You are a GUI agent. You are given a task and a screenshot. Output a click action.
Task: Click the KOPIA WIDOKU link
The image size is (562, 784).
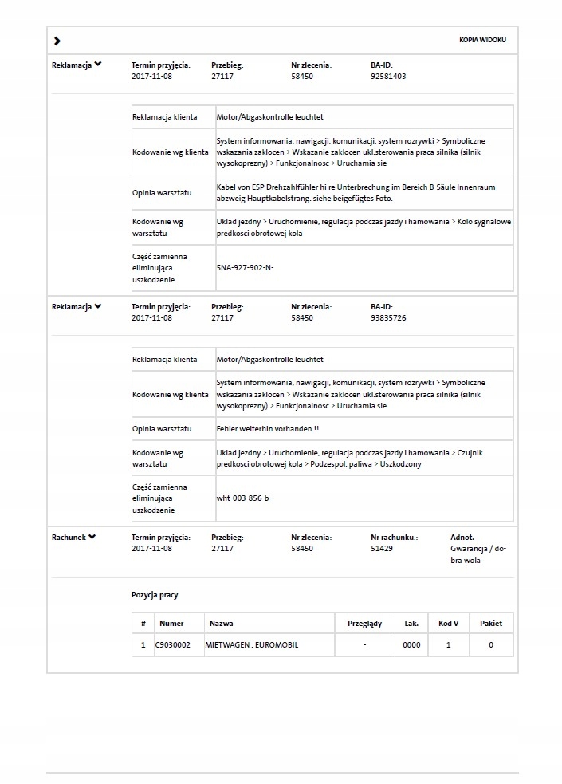482,40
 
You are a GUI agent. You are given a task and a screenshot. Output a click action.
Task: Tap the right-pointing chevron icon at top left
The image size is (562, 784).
57,41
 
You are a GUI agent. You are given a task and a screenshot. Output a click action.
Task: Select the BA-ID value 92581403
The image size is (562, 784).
388,77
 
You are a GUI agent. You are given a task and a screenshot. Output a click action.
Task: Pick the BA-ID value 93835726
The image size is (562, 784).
388,318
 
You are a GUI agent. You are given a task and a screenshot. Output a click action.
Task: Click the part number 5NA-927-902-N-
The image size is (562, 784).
245,268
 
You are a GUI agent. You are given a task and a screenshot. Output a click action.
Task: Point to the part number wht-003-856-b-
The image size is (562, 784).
244,498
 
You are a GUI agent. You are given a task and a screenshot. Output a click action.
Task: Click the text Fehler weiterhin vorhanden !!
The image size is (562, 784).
268,429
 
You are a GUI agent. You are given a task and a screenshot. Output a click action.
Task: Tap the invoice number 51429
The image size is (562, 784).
382,549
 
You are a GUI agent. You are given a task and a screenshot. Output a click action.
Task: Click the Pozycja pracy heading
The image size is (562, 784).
155,595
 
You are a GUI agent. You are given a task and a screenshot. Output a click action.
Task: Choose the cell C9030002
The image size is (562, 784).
173,645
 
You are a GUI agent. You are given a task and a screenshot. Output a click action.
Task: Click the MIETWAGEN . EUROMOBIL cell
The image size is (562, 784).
252,645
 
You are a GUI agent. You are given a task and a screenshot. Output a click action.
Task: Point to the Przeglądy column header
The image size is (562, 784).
364,624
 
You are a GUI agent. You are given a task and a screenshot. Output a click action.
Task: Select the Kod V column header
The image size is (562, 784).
448,624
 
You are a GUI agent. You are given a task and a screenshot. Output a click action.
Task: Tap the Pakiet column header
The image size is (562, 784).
490,624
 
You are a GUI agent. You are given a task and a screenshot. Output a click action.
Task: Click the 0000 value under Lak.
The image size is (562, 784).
411,645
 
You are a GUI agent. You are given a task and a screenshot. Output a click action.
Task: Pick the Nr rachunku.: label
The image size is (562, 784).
394,538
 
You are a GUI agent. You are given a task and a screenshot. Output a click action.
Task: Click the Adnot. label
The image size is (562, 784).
462,538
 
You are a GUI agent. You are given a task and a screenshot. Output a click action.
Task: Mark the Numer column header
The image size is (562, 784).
171,624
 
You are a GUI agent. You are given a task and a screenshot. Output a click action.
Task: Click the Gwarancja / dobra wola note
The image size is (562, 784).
478,554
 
